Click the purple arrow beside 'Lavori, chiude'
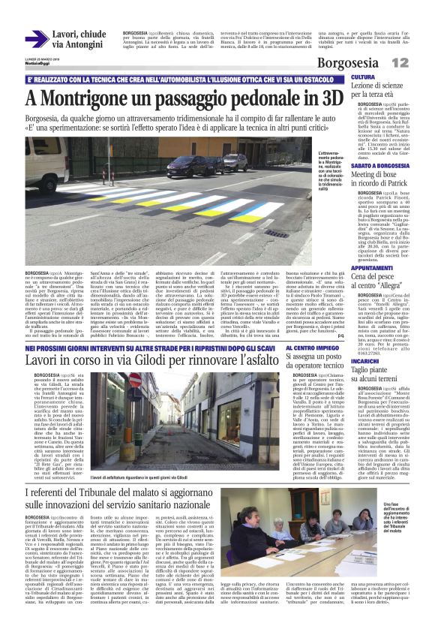(37, 39)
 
